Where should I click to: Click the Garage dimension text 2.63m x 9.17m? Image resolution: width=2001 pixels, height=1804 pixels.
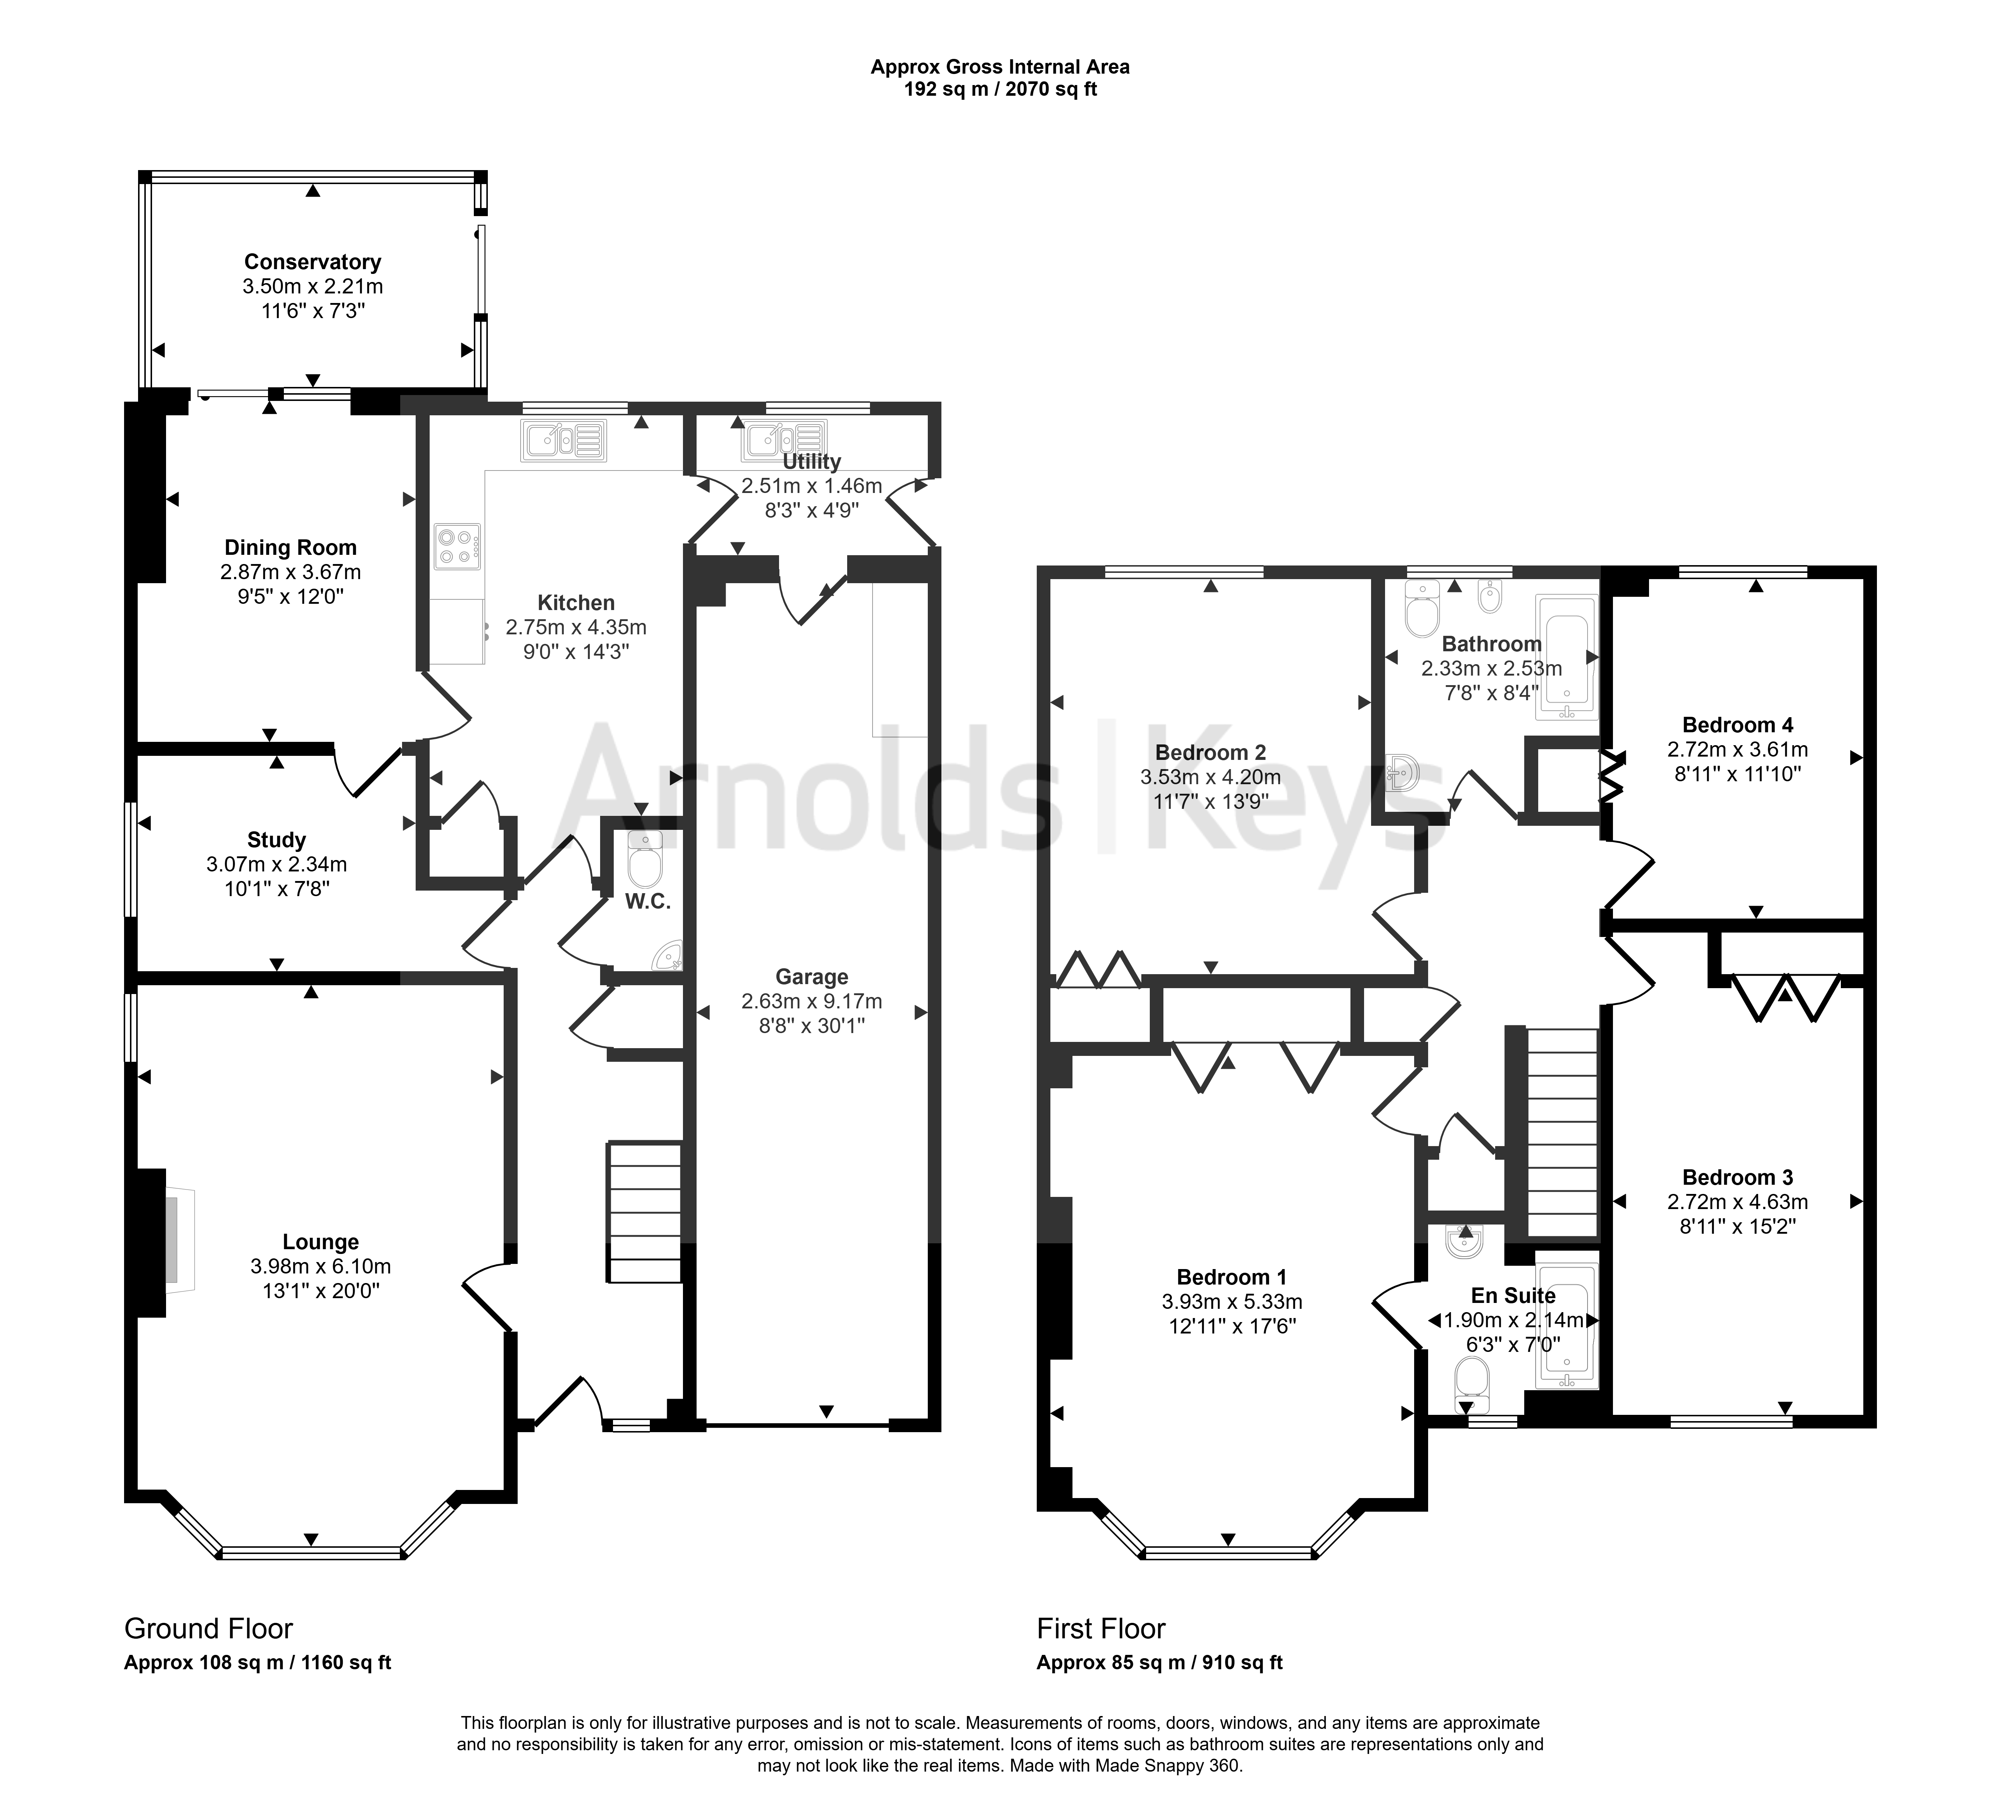(812, 1001)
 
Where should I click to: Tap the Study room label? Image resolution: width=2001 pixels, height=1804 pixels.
(276, 839)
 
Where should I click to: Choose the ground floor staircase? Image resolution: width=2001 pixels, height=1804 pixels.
(644, 1213)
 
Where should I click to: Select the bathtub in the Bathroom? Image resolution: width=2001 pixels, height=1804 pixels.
(1566, 657)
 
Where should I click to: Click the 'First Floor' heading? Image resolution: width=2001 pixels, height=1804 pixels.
(1101, 1628)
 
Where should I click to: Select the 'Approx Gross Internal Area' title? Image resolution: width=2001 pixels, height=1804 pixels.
(1000, 67)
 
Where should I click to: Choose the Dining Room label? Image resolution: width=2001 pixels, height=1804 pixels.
(290, 547)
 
